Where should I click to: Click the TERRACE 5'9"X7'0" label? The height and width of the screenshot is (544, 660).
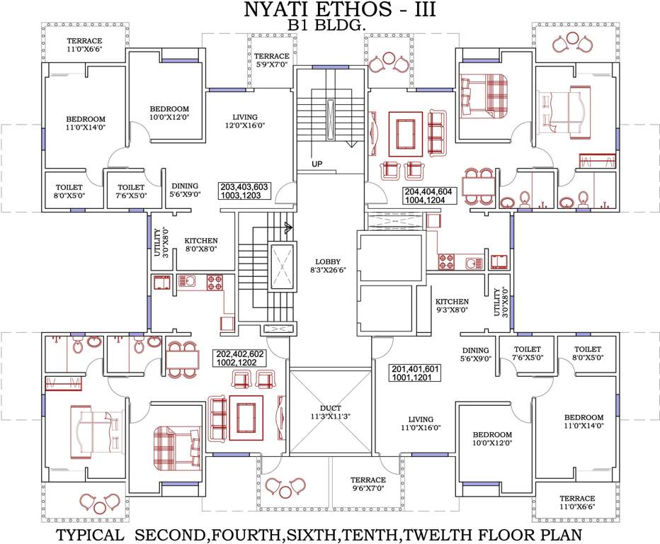click(x=272, y=60)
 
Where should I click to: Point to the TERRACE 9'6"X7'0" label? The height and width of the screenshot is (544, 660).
click(x=368, y=484)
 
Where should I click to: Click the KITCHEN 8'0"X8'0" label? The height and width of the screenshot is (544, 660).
click(x=201, y=245)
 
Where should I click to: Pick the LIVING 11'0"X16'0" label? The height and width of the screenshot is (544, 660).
click(x=418, y=424)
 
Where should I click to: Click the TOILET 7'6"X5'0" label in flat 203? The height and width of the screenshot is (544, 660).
click(x=132, y=192)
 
